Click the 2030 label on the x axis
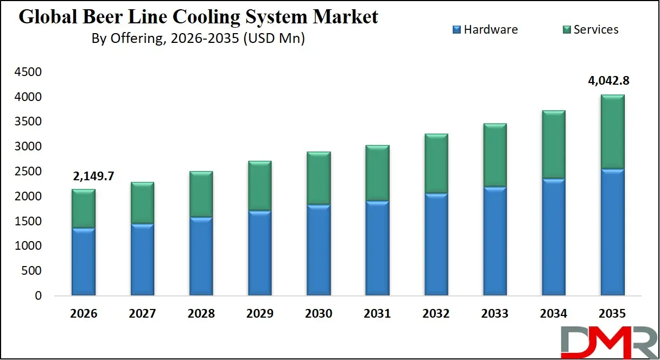pyautogui.click(x=319, y=314)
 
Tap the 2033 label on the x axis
pyautogui.click(x=495, y=314)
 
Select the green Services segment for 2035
pyautogui.click(x=612, y=132)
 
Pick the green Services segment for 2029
pyautogui.click(x=260, y=186)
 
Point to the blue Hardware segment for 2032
pyautogui.click(x=436, y=244)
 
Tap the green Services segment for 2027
pyautogui.click(x=143, y=203)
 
